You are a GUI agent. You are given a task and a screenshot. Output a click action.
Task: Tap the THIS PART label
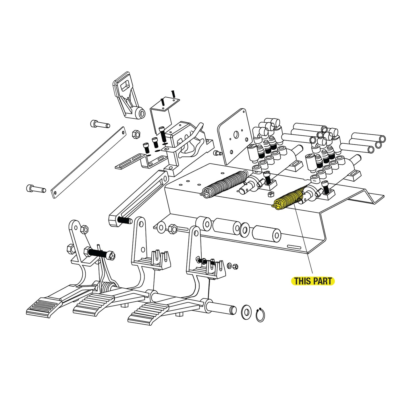[313, 281]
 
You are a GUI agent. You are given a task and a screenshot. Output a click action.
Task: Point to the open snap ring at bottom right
[260, 315]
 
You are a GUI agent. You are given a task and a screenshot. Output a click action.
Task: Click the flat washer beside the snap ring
[246, 312]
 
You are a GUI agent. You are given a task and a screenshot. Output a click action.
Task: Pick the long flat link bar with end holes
[88, 163]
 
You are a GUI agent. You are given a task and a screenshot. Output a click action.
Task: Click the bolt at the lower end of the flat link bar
[36, 189]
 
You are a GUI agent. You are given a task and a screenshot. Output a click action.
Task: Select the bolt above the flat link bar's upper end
[100, 124]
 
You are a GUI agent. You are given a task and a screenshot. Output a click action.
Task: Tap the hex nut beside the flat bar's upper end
[136, 134]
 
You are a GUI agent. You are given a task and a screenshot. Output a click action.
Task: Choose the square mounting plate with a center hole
[233, 136]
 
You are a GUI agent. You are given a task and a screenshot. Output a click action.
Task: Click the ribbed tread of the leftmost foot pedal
[43, 306]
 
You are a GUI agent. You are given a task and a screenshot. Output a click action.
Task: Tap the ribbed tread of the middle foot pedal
[92, 303]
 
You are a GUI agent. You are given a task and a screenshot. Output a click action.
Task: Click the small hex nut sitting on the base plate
[271, 194]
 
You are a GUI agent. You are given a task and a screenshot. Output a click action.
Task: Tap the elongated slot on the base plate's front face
[294, 247]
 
